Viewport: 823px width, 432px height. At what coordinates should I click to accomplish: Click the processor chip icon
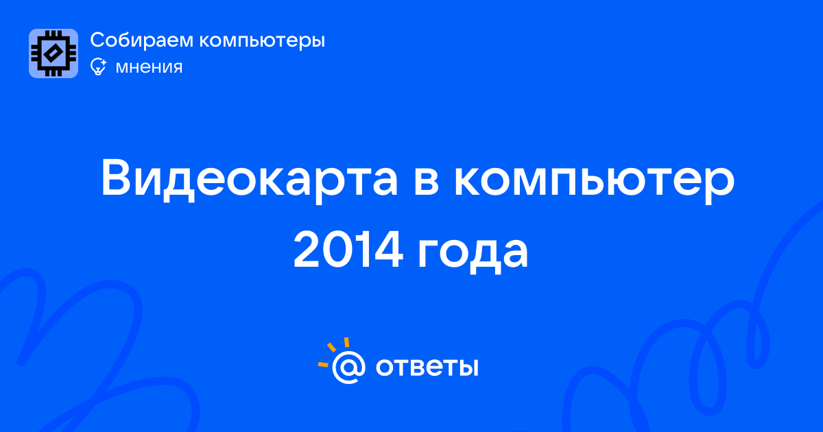click(53, 53)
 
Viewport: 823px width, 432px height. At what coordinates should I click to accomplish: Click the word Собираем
click(141, 40)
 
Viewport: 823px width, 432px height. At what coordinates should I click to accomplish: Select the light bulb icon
click(98, 67)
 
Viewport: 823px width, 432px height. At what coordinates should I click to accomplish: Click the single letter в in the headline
click(426, 182)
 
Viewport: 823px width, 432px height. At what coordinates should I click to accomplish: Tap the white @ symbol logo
click(348, 367)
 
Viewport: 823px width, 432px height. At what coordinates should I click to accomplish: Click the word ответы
click(427, 368)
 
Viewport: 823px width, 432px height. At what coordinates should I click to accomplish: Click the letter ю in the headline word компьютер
click(625, 182)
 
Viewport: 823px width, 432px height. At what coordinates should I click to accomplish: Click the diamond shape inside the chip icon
click(53, 53)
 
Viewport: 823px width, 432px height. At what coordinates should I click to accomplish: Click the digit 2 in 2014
click(306, 250)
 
